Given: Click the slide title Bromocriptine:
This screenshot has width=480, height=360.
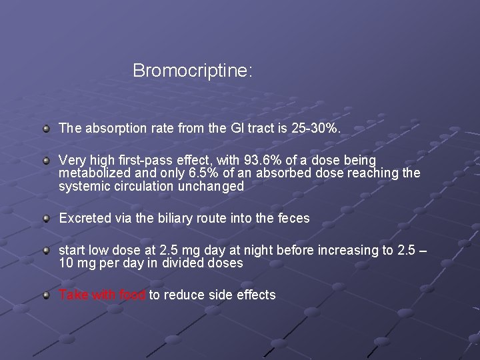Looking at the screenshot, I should [x=193, y=71].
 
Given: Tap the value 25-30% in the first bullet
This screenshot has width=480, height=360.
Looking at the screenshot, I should [x=315, y=128].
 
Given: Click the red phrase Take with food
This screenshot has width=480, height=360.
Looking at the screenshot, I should [x=102, y=295].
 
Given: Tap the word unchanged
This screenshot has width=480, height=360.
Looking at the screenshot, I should [x=211, y=187].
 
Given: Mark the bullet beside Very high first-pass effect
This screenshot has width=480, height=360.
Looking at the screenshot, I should [x=45, y=161].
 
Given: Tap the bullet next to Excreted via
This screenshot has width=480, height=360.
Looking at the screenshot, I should [x=45, y=218].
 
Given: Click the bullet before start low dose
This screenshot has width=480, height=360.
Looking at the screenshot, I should [x=45, y=250].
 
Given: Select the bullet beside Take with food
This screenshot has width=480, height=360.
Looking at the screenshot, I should [x=45, y=295].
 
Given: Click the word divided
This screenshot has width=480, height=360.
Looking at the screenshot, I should [x=186, y=263].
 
